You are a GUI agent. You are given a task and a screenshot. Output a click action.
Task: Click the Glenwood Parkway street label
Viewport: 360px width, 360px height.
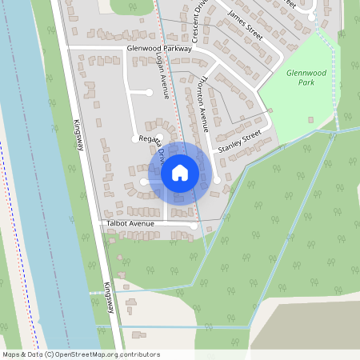click(x=159, y=49)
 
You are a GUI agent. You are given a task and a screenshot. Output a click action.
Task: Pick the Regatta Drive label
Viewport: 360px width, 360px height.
click(x=152, y=144)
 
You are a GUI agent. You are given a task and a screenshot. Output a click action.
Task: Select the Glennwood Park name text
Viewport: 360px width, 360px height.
click(x=303, y=78)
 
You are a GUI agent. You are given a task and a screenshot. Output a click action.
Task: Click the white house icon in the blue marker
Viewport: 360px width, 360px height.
click(x=180, y=173)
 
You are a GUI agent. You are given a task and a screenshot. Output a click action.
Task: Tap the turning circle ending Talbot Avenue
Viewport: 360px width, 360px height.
click(x=194, y=226)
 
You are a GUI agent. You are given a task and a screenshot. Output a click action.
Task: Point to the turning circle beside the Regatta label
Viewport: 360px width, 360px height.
click(x=134, y=139)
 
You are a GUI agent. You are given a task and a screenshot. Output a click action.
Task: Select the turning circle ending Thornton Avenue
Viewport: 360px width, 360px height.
click(x=217, y=180)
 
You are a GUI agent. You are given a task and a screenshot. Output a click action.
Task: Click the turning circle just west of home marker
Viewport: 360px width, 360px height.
click(x=144, y=182)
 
